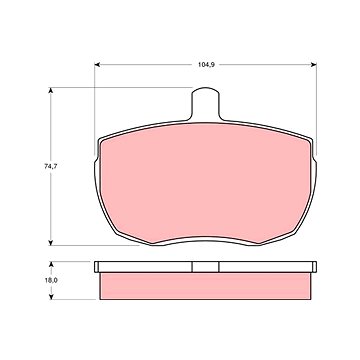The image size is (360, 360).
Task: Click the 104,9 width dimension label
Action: [x=206, y=65]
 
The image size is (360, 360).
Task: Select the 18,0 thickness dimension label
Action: [x=51, y=280]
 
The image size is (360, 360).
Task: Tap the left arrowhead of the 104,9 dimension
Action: [x=97, y=65]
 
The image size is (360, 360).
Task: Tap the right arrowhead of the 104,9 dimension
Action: [x=313, y=65]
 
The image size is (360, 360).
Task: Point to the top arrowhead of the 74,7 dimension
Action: [x=51, y=90]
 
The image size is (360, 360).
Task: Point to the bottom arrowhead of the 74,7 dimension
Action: [x=51, y=243]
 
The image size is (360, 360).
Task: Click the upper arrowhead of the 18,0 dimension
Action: [x=51, y=264]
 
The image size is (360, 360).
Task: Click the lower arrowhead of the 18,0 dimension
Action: [x=51, y=297]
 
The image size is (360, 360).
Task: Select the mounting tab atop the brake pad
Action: [x=206, y=104]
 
